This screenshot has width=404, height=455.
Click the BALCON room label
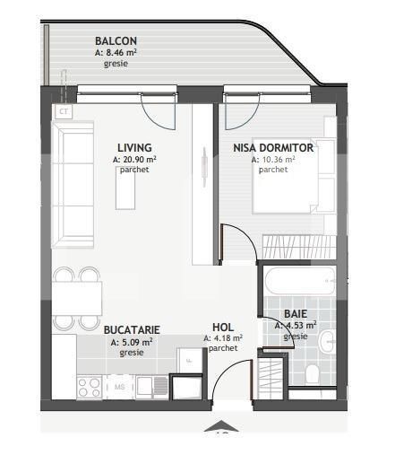(x=116, y=40)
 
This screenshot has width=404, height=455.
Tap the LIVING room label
(x=134, y=147)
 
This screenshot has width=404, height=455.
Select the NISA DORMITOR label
(x=272, y=147)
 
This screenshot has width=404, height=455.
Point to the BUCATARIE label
(x=131, y=329)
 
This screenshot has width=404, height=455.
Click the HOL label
(x=223, y=327)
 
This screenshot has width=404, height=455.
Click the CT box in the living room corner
(x=64, y=112)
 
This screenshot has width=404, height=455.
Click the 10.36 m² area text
(x=273, y=159)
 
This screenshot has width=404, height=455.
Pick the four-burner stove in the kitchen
(x=89, y=387)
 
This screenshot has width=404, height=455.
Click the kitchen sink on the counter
(x=150, y=387)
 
